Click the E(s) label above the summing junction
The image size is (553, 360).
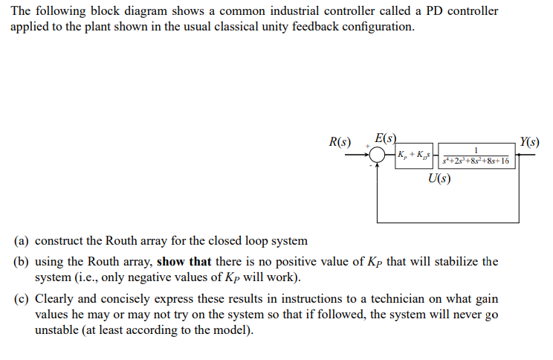[x=387, y=138]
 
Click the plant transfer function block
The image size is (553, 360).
[x=476, y=155]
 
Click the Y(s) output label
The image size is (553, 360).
[x=530, y=141]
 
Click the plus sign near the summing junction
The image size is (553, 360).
[x=366, y=147]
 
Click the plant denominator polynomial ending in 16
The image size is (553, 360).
[x=476, y=161]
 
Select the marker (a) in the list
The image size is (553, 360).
[x=22, y=242]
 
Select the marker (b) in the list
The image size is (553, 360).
[x=22, y=262]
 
